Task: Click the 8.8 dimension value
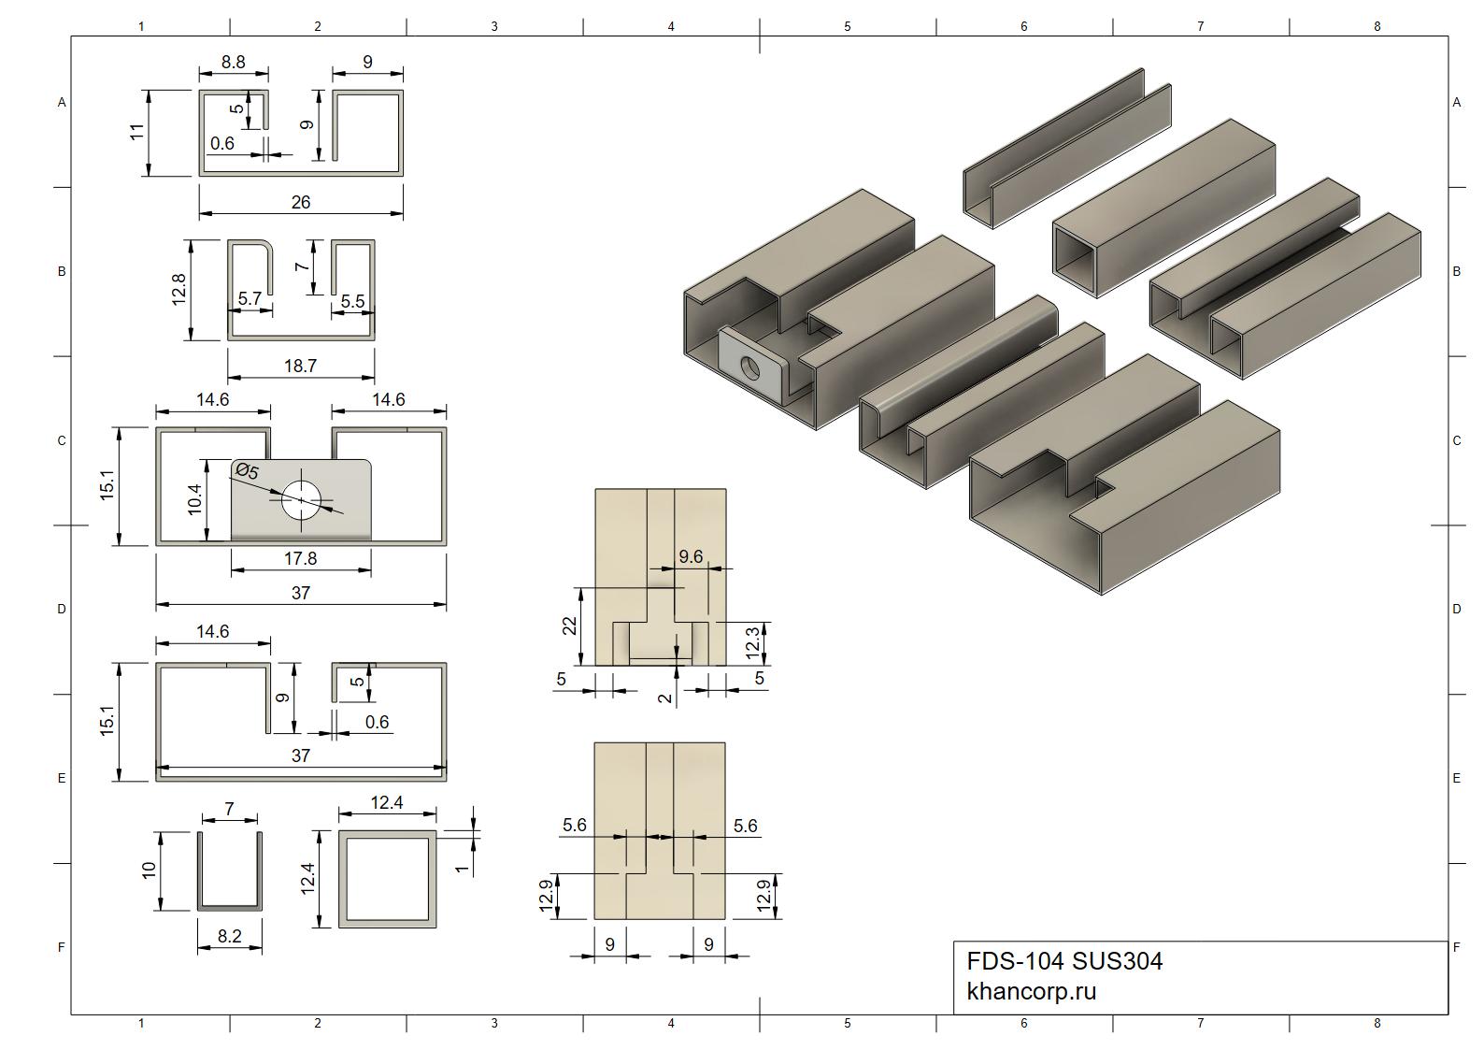click(x=234, y=63)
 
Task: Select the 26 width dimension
click(x=301, y=202)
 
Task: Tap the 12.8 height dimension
click(x=178, y=290)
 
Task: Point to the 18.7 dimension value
click(x=301, y=366)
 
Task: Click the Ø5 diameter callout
click(x=247, y=471)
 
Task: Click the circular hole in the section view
click(x=301, y=500)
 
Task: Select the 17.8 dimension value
click(x=301, y=559)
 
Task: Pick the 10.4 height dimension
click(x=194, y=499)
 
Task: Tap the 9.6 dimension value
click(x=691, y=557)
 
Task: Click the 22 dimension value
click(x=570, y=626)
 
